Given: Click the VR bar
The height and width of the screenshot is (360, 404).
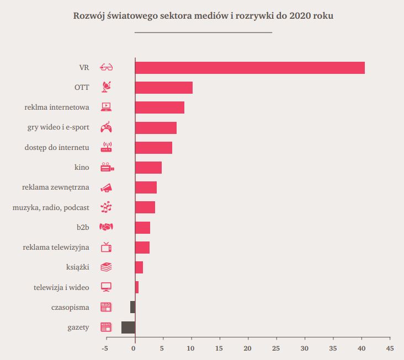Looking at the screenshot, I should (x=249, y=68).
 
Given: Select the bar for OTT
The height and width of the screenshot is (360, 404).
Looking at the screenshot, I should (x=163, y=88).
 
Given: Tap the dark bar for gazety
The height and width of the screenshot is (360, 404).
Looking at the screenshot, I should (x=128, y=327).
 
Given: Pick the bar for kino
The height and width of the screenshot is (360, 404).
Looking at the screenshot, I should (x=148, y=168).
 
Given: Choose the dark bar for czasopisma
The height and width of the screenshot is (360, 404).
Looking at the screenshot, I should (x=132, y=307).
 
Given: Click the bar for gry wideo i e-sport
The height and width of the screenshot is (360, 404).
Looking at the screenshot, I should (x=156, y=128).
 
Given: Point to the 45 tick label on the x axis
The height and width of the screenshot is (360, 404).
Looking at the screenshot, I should (x=390, y=348).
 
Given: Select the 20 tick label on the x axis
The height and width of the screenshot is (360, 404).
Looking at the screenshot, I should (x=247, y=348).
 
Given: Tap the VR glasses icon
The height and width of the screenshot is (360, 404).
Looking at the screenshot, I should (x=107, y=68).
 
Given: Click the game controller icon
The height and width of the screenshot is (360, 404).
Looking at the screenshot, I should (x=107, y=127).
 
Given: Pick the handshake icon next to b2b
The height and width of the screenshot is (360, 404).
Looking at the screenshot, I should (x=107, y=227).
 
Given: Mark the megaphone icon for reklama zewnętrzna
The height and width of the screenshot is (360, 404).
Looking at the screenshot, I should (x=107, y=187).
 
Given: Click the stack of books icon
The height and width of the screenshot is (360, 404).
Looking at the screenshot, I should (x=107, y=267).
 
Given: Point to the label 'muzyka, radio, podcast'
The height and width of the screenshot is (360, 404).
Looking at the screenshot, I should (x=51, y=207).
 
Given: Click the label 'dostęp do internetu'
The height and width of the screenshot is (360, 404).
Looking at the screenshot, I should (x=57, y=148).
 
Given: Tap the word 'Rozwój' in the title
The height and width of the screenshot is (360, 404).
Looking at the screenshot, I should (x=89, y=15).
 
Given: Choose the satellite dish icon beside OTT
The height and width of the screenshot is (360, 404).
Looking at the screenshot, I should (x=107, y=87).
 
